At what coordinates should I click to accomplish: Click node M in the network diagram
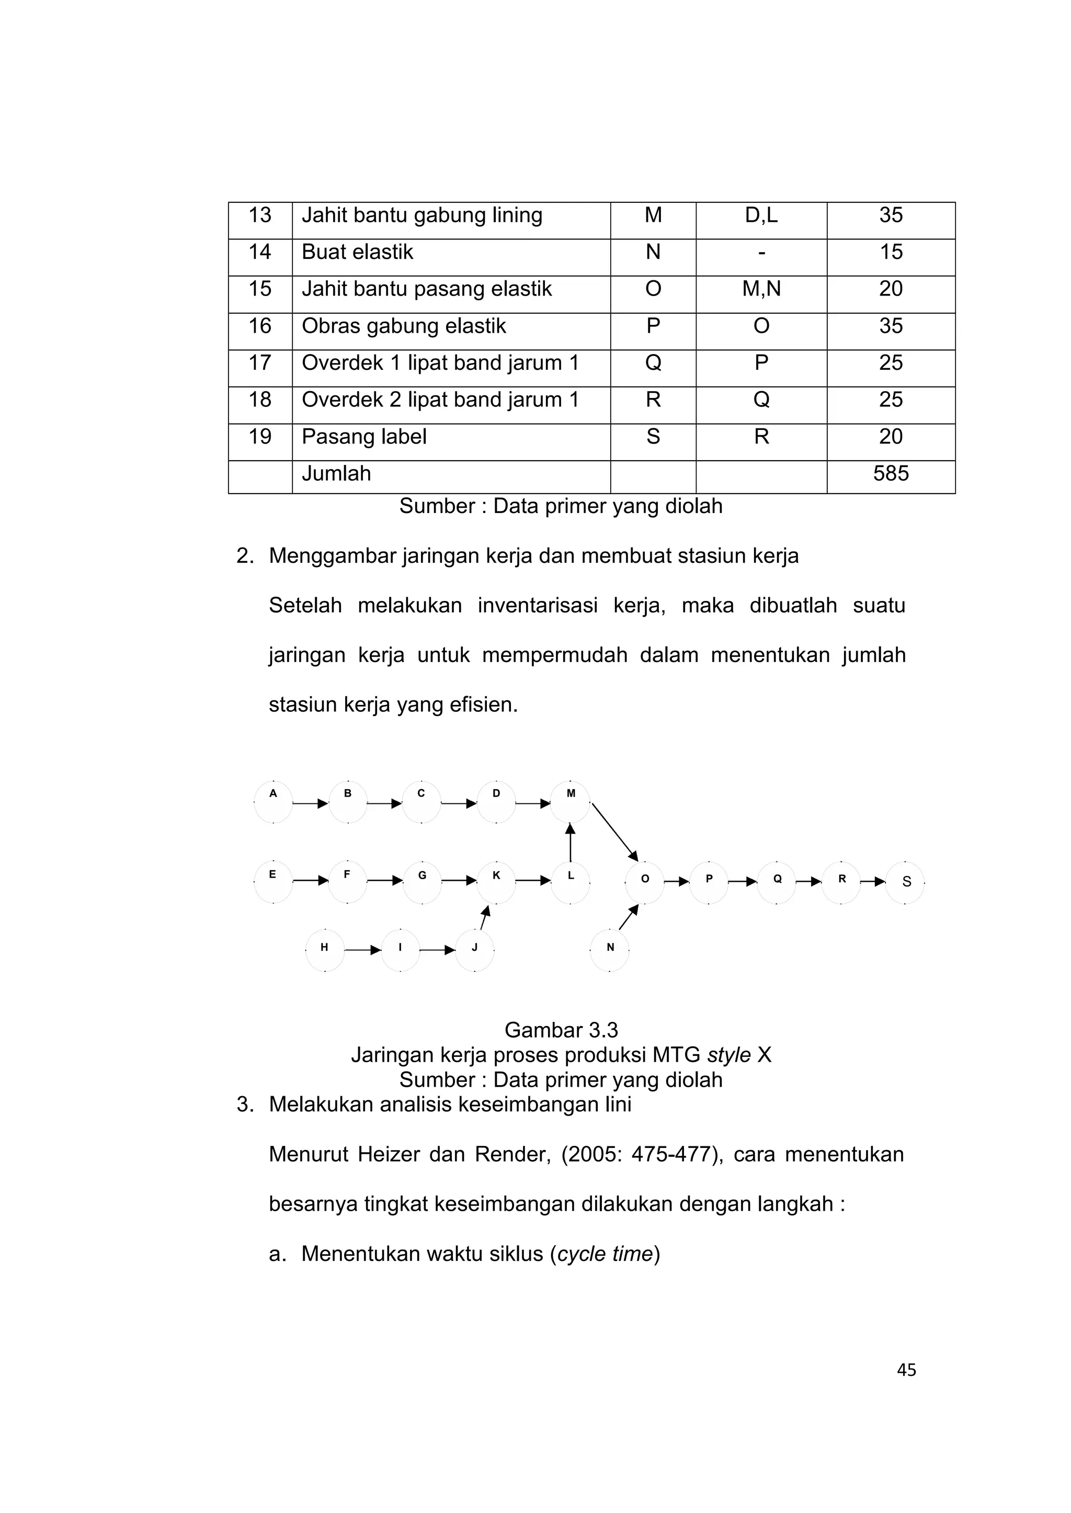(571, 801)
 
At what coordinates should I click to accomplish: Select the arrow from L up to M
(571, 843)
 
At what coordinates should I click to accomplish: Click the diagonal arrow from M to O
(614, 832)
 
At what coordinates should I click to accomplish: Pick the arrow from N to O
(629, 917)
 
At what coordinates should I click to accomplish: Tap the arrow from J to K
(485, 917)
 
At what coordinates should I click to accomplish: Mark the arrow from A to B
(310, 803)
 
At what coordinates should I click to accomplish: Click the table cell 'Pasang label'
(364, 437)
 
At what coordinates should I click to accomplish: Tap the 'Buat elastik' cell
(358, 252)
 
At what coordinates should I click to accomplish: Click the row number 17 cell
(260, 363)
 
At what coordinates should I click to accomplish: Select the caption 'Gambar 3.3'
(561, 1030)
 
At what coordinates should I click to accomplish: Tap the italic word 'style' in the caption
(728, 1055)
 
